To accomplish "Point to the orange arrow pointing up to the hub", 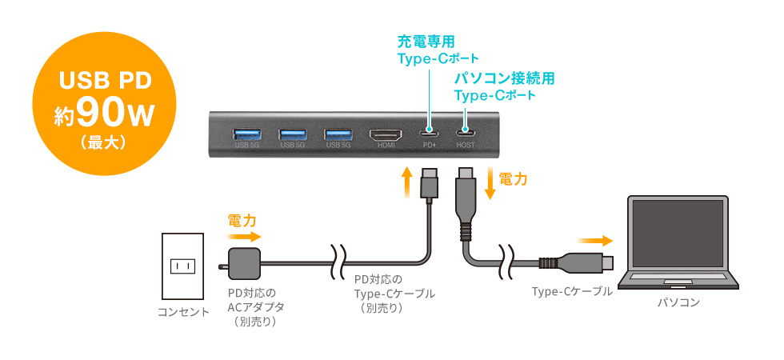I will coord(407,181).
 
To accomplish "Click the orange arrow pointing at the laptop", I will coord(597,239).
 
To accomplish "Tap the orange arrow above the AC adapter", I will coord(244,237).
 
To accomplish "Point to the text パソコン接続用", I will coord(504,78).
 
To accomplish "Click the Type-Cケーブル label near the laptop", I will coord(572,292).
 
